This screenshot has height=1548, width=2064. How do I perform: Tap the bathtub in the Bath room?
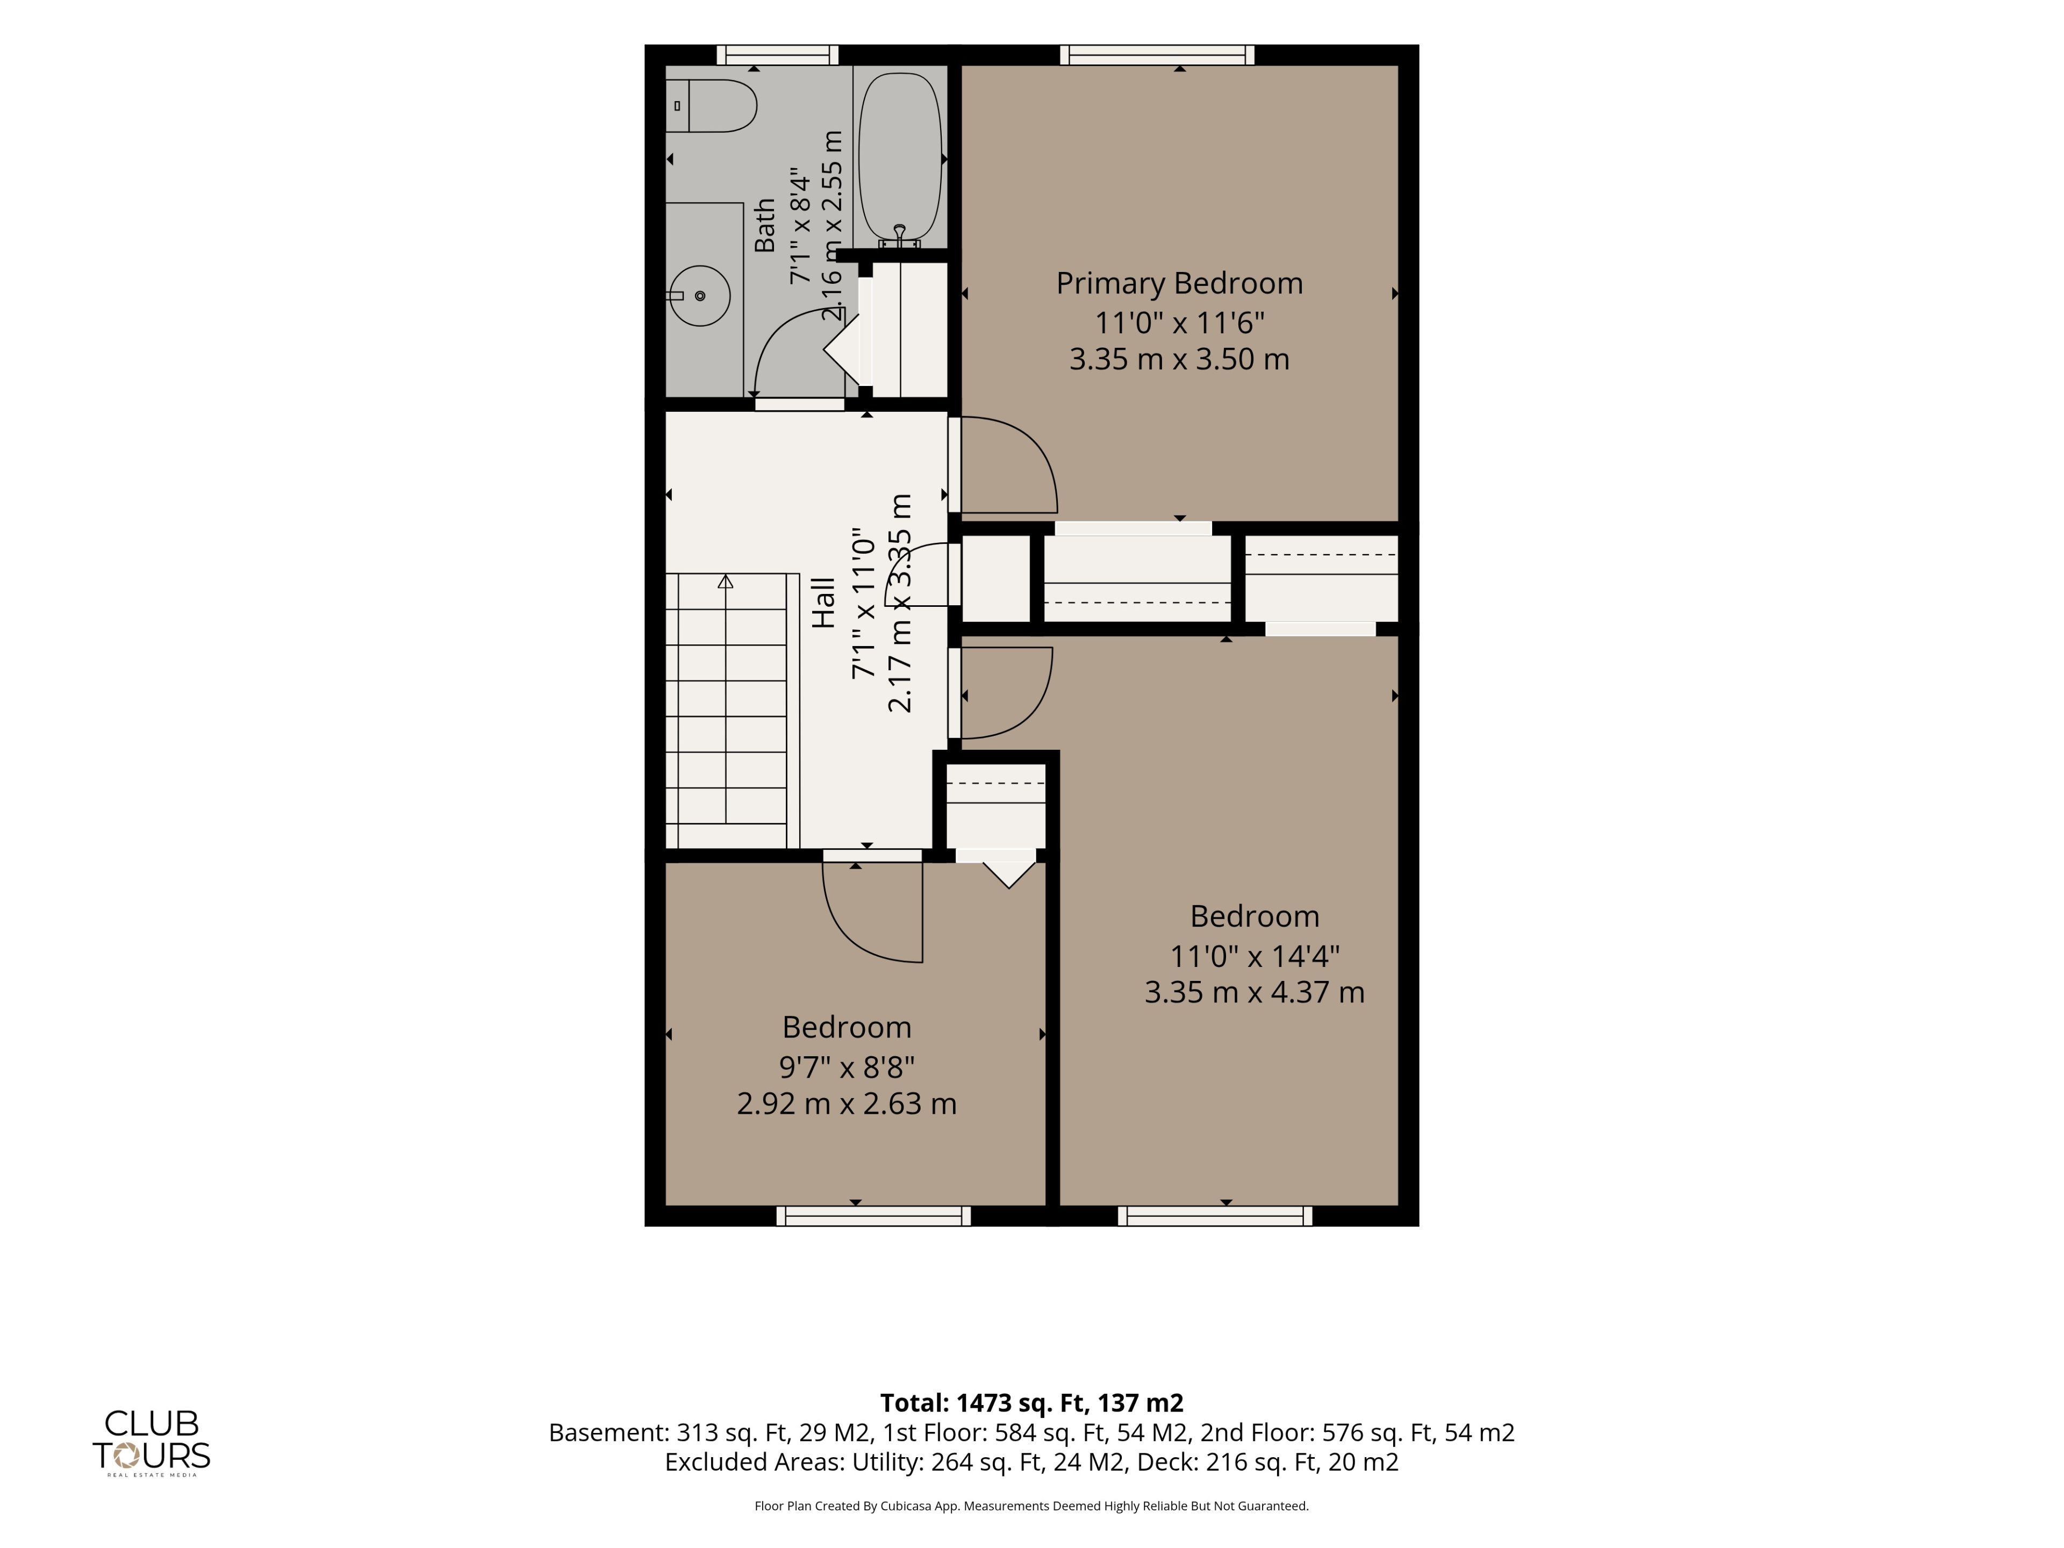click(899, 159)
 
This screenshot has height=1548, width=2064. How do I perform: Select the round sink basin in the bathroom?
click(700, 296)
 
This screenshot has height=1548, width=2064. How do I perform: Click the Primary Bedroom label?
click(1179, 283)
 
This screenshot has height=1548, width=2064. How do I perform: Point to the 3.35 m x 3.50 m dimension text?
click(1179, 359)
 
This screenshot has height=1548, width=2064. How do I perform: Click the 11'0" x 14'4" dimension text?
click(1255, 956)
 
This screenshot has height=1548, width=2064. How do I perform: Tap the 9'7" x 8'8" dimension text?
click(847, 1065)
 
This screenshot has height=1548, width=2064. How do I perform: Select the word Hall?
click(823, 603)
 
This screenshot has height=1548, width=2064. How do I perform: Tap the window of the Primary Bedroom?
click(1157, 55)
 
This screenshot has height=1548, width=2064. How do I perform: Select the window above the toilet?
click(777, 55)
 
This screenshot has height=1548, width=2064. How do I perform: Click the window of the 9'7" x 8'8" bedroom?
click(873, 1216)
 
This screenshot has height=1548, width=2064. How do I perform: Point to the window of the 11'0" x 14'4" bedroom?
click(1215, 1216)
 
